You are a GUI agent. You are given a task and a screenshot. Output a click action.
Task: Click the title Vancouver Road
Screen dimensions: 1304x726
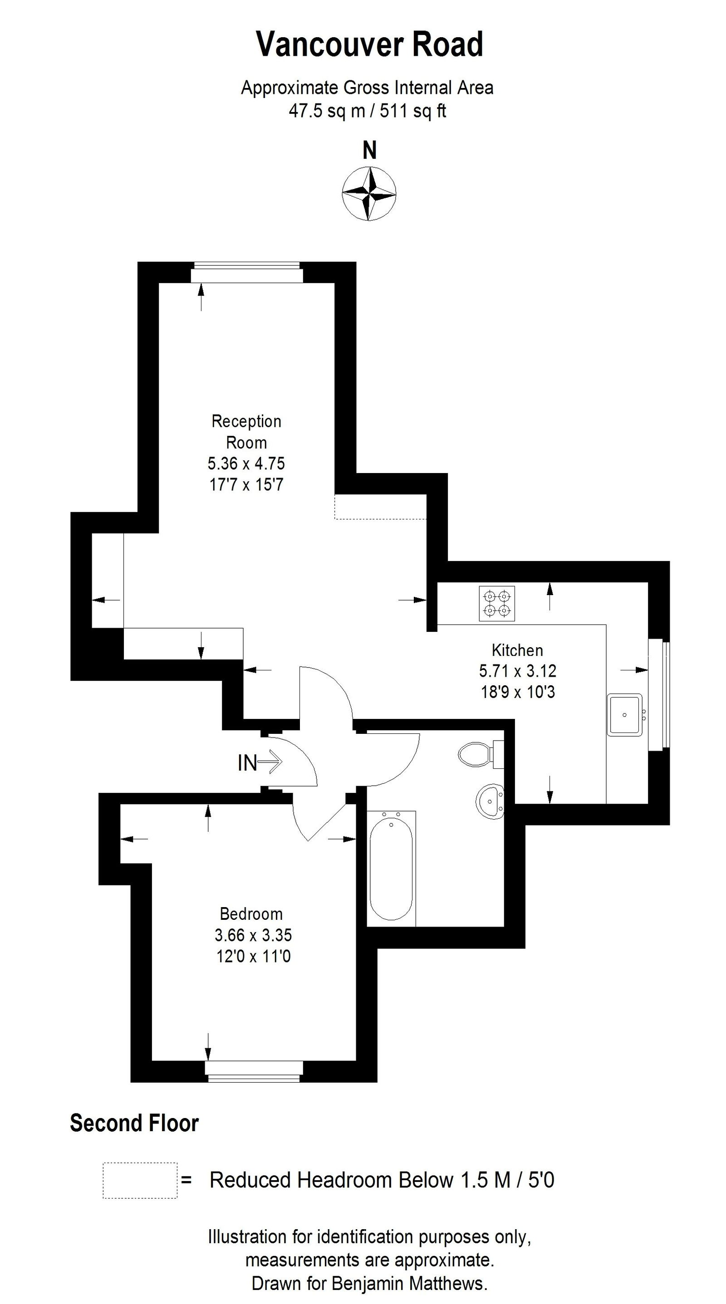click(x=369, y=44)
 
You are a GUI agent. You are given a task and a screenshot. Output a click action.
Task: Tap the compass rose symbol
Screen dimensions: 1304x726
click(x=369, y=193)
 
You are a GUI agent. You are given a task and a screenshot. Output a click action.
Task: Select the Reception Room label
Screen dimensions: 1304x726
click(x=246, y=431)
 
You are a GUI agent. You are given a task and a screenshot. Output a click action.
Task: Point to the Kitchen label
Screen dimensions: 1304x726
click(x=517, y=650)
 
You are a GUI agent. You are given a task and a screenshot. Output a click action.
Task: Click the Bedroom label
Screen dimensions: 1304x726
click(x=251, y=914)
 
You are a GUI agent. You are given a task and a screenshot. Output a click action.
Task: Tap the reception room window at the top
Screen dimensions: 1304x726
click(x=246, y=273)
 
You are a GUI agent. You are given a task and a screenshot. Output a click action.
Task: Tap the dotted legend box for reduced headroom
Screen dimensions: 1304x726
click(x=140, y=1180)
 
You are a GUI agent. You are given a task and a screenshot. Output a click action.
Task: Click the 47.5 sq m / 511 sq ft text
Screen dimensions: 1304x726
click(x=367, y=110)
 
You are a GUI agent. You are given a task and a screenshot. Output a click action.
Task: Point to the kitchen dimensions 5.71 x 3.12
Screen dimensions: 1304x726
click(x=517, y=671)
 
